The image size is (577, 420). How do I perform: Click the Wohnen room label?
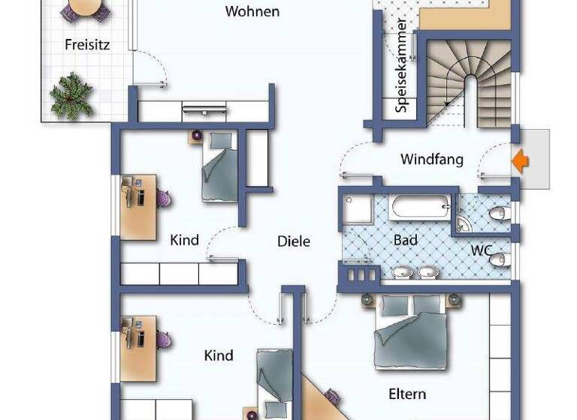click(x=252, y=11)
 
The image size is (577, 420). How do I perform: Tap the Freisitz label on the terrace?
click(x=87, y=44)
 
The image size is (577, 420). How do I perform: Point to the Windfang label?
click(x=431, y=159)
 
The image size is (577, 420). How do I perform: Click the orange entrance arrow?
click(x=520, y=160)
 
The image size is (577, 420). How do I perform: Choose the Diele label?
click(x=294, y=241)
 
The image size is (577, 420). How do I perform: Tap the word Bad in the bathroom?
click(x=406, y=240)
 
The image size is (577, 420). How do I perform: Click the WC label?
click(x=482, y=249)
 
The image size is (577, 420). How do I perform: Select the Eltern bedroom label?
click(x=407, y=394)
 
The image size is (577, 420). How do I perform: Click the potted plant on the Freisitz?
click(x=71, y=94)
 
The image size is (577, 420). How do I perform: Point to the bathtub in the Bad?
click(x=418, y=205)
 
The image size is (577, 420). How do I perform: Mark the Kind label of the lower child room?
click(x=219, y=355)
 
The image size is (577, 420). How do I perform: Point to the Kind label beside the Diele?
click(x=184, y=240)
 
